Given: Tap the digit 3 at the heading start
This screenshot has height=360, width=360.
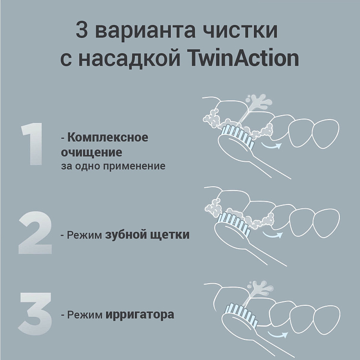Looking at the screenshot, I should pyautogui.click(x=83, y=31).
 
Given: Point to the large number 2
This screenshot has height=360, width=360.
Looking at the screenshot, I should pyautogui.click(x=35, y=235).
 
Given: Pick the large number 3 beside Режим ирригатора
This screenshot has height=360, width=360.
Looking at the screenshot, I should pyautogui.click(x=35, y=314).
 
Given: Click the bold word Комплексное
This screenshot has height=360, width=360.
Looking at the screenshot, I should pyautogui.click(x=108, y=138).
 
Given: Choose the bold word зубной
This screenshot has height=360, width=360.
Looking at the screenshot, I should pyautogui.click(x=124, y=235).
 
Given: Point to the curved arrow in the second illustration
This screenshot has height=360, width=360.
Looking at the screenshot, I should pyautogui.click(x=275, y=235).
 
